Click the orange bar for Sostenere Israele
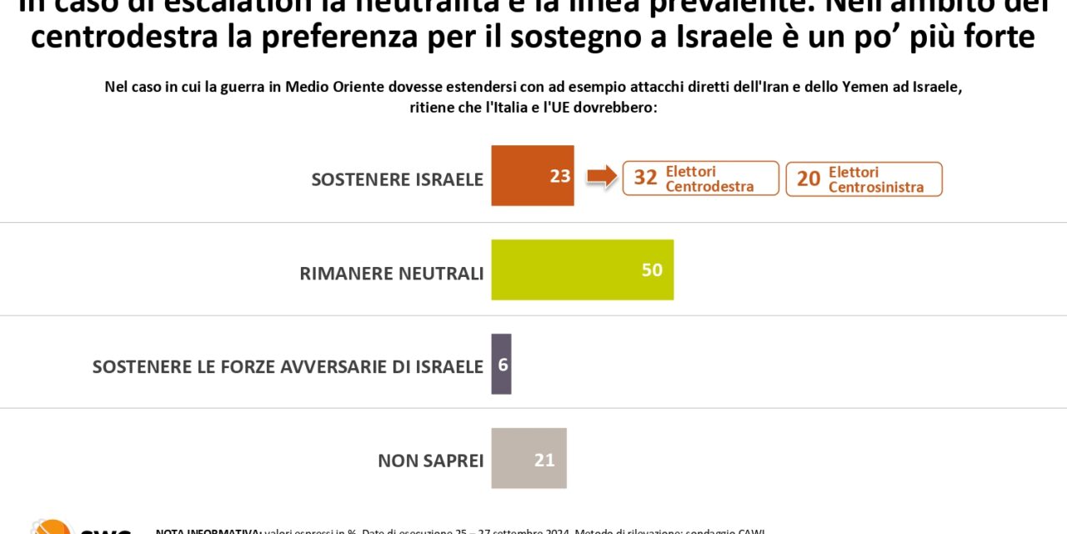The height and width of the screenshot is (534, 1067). point(532,175)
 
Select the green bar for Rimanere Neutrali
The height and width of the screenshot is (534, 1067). point(582,270)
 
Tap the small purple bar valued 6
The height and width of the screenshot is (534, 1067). point(501,364)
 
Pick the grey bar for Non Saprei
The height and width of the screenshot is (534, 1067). point(528,458)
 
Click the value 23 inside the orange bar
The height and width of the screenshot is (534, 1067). point(560,176)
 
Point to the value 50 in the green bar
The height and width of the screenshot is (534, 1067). point(652,270)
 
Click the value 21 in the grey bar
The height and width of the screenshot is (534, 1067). point(544,460)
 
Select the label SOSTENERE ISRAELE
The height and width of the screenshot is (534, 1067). point(397,179)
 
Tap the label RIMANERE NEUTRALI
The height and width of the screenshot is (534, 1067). point(391,274)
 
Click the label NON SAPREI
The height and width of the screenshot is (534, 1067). point(430,461)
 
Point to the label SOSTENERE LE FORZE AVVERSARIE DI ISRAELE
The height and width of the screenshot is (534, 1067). point(288,367)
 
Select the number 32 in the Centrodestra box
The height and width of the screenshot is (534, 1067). point(645,178)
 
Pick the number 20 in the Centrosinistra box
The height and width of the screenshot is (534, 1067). point(809,179)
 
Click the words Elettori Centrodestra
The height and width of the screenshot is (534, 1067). point(709,179)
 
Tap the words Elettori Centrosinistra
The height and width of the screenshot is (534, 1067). point(875,179)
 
